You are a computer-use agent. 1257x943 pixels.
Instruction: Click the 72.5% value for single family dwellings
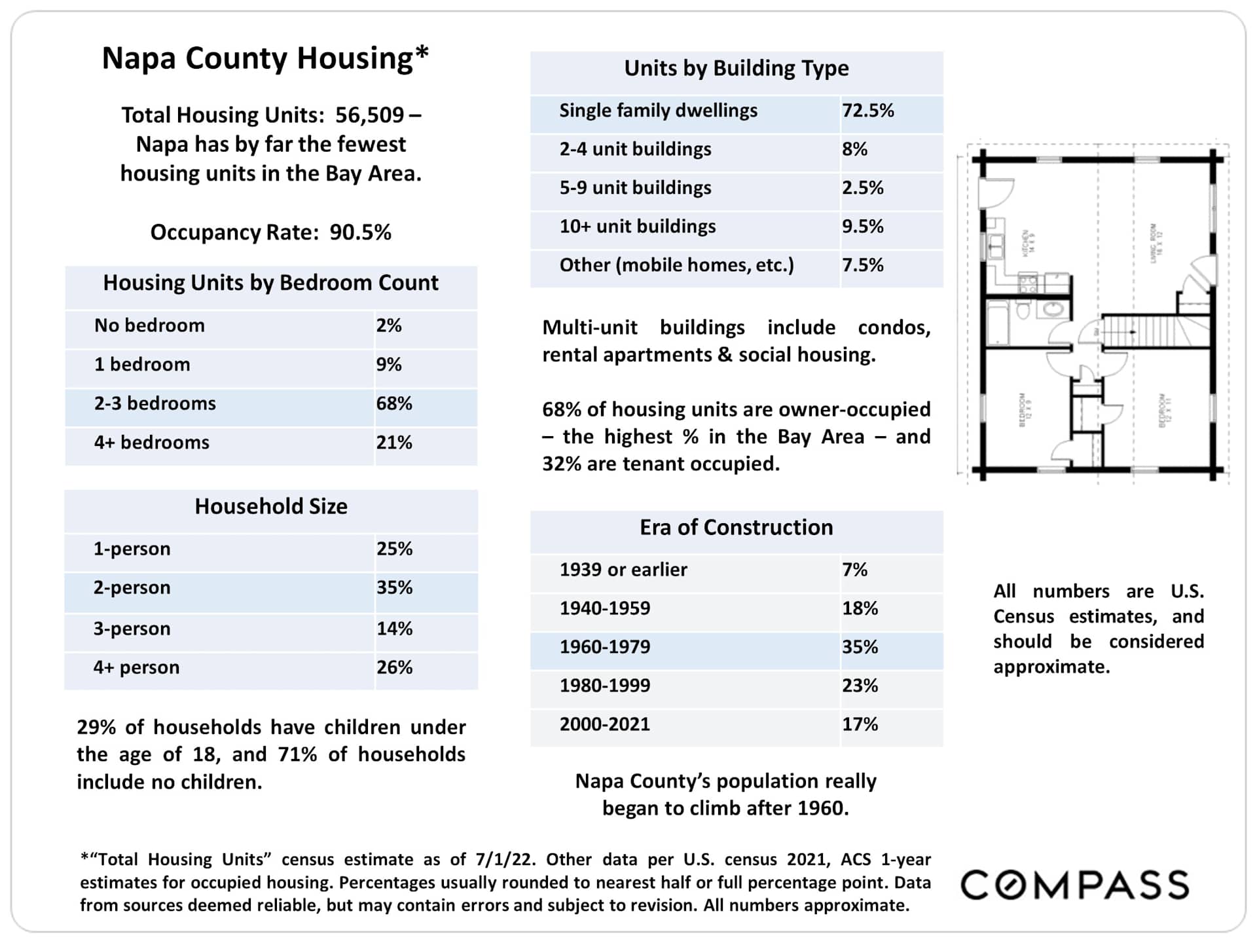coord(867,111)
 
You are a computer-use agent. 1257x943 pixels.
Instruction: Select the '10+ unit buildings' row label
coord(637,227)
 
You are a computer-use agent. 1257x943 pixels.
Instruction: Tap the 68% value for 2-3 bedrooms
coord(393,403)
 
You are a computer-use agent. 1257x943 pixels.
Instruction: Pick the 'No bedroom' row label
coord(149,325)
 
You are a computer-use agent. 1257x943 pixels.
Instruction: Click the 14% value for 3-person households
coord(394,629)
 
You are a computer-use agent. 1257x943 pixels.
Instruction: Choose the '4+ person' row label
coord(136,667)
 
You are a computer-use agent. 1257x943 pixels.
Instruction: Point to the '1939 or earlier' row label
coord(623,570)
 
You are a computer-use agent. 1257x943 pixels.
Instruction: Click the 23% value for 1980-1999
coord(860,686)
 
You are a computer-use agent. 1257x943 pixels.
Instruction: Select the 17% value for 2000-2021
coord(860,724)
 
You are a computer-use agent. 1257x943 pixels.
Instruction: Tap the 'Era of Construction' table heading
coord(736,528)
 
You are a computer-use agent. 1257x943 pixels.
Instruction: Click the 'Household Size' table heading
coord(271,507)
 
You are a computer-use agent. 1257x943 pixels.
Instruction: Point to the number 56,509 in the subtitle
coord(369,115)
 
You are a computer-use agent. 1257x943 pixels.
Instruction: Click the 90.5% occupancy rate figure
coord(360,232)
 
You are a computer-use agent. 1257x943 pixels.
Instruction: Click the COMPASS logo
coord(1074,885)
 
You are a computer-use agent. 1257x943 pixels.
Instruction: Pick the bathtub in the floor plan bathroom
coord(998,322)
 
